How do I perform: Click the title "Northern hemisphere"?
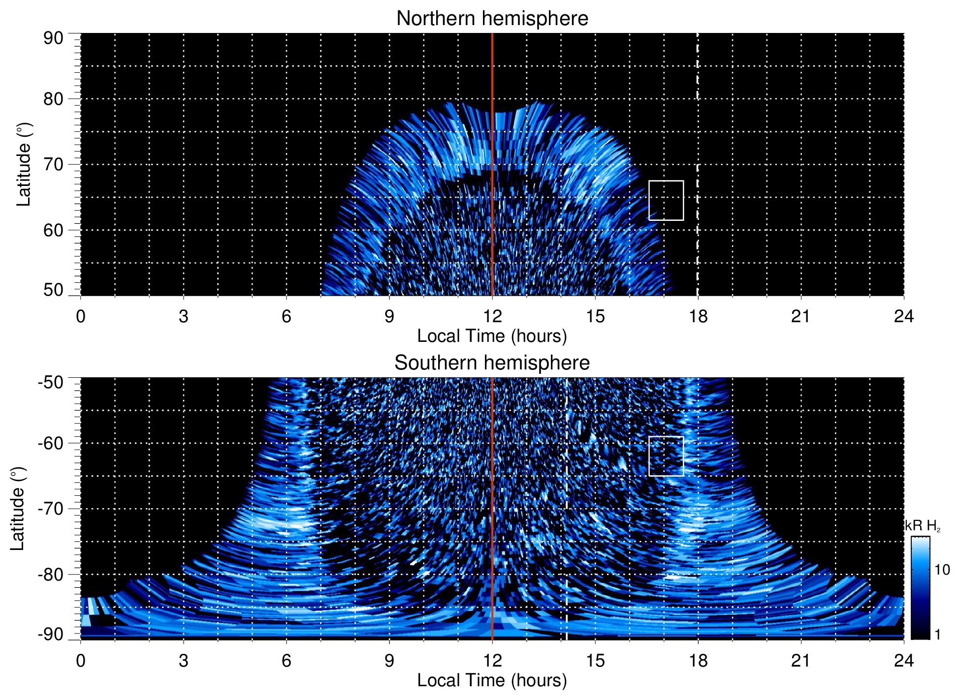pyautogui.click(x=492, y=19)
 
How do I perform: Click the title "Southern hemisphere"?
pyautogui.click(x=492, y=363)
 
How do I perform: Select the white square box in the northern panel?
pyautogui.click(x=666, y=200)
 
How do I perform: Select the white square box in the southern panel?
pyautogui.click(x=666, y=456)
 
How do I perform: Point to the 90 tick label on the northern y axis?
pyautogui.click(x=53, y=38)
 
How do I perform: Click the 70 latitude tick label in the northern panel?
pyautogui.click(x=53, y=164)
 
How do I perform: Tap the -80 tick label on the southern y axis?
pyautogui.click(x=51, y=574)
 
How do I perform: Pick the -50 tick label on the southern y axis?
pyautogui.click(x=51, y=382)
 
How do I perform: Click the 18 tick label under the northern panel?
pyautogui.click(x=698, y=316)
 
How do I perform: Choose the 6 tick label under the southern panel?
pyautogui.click(x=287, y=661)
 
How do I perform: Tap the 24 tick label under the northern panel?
pyautogui.click(x=903, y=316)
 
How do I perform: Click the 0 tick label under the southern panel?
pyautogui.click(x=81, y=661)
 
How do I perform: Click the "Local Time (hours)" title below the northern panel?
pyautogui.click(x=492, y=336)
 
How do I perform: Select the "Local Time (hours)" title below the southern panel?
pyautogui.click(x=492, y=681)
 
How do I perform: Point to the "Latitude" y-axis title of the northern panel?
pyautogui.click(x=24, y=164)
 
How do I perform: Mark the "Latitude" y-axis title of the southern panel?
pyautogui.click(x=18, y=509)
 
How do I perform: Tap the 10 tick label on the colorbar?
pyautogui.click(x=942, y=570)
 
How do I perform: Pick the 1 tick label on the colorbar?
pyautogui.click(x=937, y=635)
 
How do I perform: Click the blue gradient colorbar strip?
pyautogui.click(x=920, y=588)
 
